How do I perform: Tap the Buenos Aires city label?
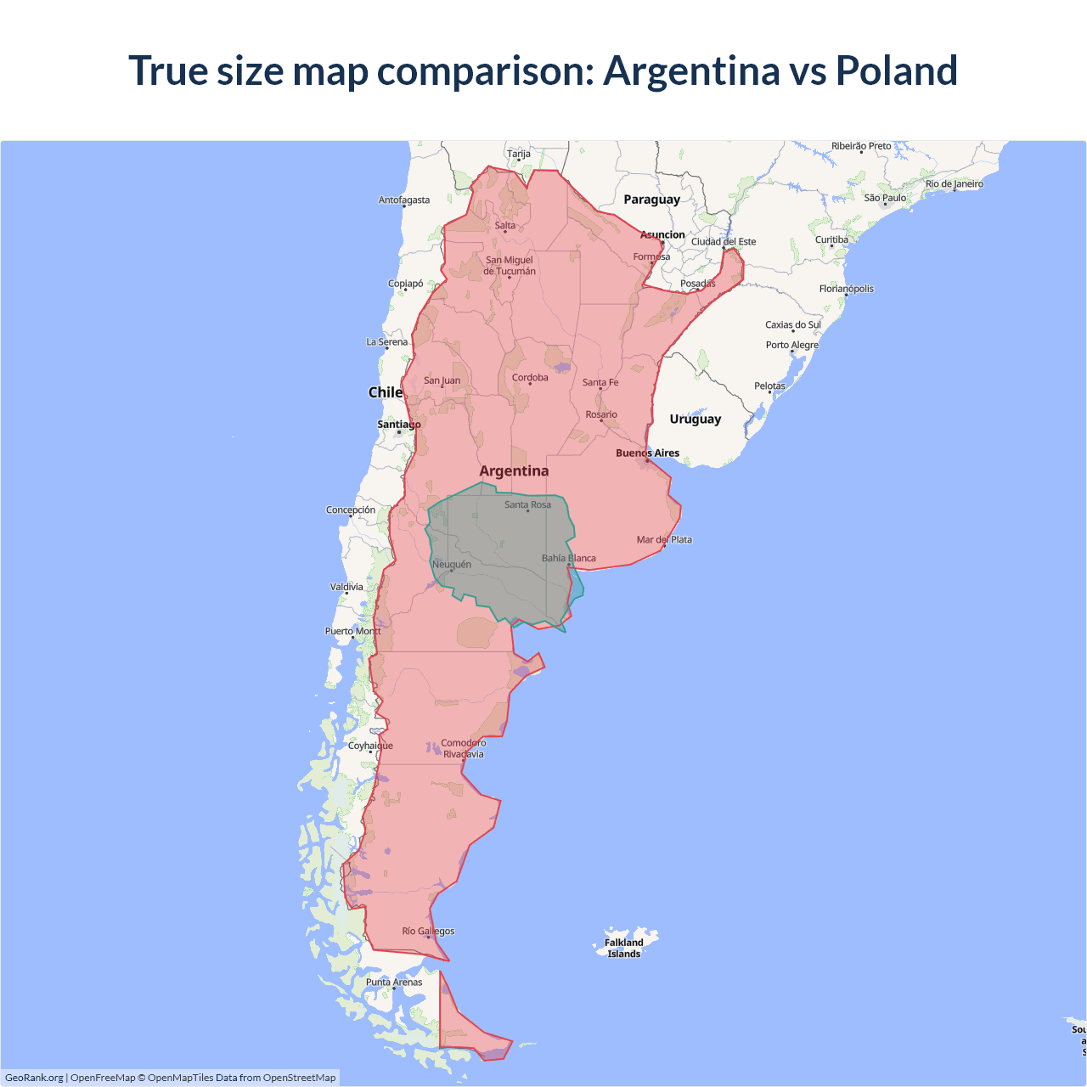(x=647, y=453)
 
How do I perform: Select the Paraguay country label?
(x=651, y=200)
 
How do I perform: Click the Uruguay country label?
(x=695, y=420)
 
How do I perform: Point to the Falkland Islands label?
(x=624, y=948)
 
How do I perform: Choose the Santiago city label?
(x=399, y=425)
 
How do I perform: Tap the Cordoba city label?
(x=530, y=378)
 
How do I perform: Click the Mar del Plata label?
(x=664, y=540)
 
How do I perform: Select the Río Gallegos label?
(x=428, y=932)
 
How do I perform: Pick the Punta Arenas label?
(x=394, y=983)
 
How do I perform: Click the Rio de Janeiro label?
(x=955, y=184)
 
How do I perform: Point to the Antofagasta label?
(x=404, y=200)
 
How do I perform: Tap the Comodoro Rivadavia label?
(x=464, y=748)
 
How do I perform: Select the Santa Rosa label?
(x=527, y=505)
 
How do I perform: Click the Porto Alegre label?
(x=792, y=346)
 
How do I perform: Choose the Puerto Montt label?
(x=353, y=632)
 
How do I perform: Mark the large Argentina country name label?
(x=514, y=471)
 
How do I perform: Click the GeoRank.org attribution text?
(x=34, y=1078)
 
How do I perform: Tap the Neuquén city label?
(x=452, y=565)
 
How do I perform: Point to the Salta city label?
(x=505, y=226)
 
